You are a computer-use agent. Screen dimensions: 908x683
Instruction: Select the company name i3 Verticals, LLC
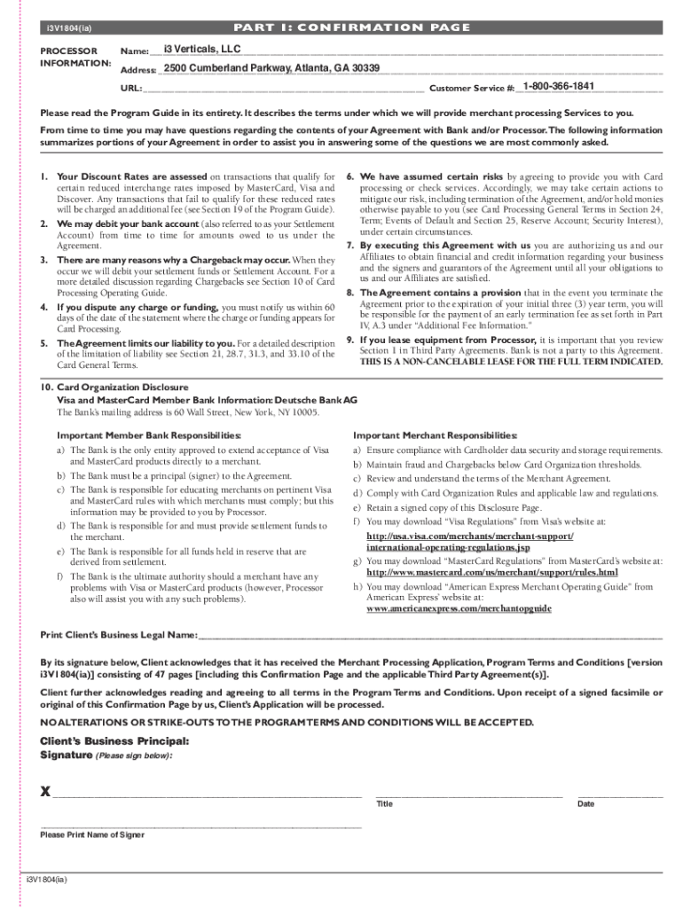point(196,48)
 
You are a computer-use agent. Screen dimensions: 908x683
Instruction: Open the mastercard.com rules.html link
point(491,573)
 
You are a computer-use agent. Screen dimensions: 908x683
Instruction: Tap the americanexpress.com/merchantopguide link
point(459,609)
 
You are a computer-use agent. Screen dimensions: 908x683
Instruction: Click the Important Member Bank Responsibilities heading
point(149,435)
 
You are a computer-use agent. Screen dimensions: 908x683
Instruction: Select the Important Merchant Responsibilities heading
point(435,435)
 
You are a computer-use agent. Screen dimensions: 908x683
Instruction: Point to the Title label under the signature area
point(384,804)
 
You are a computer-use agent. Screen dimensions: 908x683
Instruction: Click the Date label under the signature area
point(585,804)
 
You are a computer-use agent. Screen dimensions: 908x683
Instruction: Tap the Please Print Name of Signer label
point(92,835)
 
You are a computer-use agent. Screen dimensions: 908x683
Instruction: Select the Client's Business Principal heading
point(102,740)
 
